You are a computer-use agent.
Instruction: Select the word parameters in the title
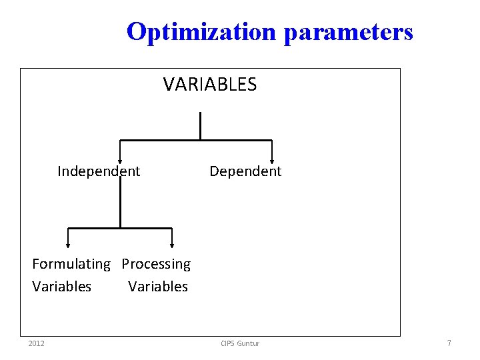[x=348, y=31]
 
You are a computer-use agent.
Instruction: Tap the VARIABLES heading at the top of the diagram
[x=210, y=85]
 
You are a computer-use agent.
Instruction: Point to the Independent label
[x=99, y=171]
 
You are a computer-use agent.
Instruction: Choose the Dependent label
[x=245, y=171]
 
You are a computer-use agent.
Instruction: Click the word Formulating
[x=71, y=265]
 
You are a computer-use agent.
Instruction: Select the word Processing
[x=156, y=265]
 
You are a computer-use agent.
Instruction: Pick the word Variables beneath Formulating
[x=62, y=287]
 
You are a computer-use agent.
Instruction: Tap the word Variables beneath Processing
[x=158, y=287]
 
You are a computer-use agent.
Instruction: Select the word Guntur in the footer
[x=249, y=343]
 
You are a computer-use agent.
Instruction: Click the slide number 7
[x=449, y=343]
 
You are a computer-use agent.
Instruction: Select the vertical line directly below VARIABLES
[x=200, y=126]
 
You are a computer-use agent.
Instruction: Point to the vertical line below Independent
[x=120, y=203]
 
